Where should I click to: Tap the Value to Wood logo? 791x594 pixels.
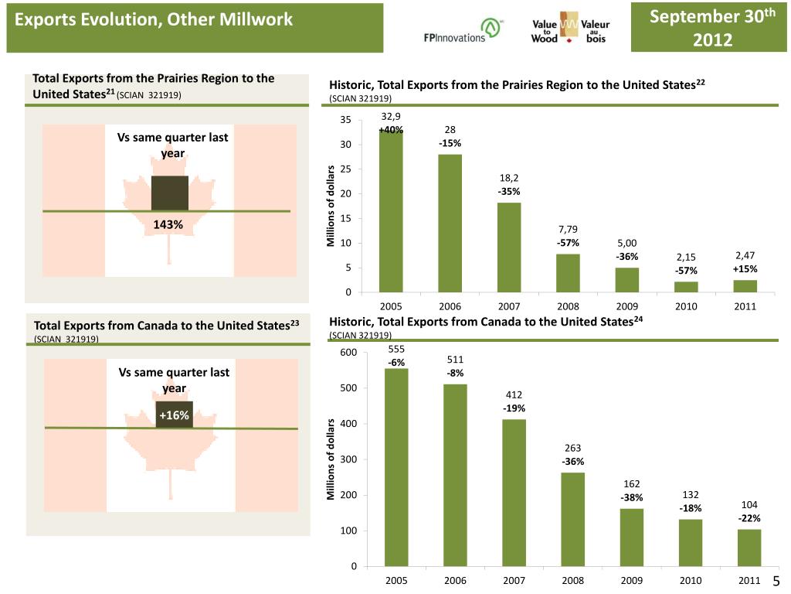pos(571,29)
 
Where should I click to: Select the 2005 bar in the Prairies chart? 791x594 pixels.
pos(391,210)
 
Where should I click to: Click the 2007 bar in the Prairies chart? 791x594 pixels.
pos(509,247)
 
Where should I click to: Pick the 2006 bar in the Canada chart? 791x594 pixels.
pos(455,475)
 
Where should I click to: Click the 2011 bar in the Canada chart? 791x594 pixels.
pos(749,548)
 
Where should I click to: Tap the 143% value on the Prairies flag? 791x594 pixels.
pos(168,225)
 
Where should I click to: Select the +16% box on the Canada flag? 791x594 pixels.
pos(175,415)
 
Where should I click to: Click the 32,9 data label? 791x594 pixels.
pos(391,117)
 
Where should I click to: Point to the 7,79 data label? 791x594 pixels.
pos(568,229)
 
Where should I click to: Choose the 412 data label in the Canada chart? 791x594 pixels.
pos(514,395)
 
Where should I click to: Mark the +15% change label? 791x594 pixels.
pos(745,269)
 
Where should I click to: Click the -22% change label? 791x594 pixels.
pos(749,518)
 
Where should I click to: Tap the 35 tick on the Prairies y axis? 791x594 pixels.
pos(345,120)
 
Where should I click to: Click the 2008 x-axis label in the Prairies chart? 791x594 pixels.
pos(568,306)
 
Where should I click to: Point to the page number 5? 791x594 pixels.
pos(777,582)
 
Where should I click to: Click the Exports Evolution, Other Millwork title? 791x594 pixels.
pos(154,19)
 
